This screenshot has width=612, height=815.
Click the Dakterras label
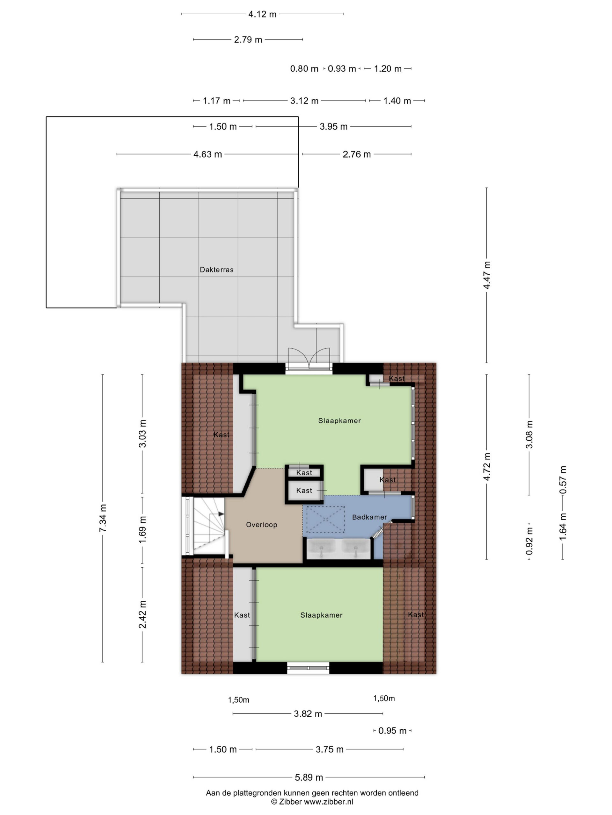tap(216, 270)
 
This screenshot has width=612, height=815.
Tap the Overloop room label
tap(262, 525)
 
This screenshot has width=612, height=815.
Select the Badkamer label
tap(369, 517)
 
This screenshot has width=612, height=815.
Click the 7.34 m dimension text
tap(103, 518)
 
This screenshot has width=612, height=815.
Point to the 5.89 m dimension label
tap(309, 777)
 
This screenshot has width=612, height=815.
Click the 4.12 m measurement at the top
tap(262, 14)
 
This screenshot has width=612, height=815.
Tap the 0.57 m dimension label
tap(563, 480)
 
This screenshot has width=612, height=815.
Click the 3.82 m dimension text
tap(308, 714)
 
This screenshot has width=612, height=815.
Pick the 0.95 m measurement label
tap(392, 731)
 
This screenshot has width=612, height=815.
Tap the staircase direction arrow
tap(221, 514)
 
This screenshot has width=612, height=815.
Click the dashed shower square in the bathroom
tap(325, 519)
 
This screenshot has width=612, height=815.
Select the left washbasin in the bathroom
tap(321, 549)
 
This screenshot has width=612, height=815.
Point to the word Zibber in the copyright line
tap(290, 801)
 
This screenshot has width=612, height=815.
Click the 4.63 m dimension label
tap(208, 154)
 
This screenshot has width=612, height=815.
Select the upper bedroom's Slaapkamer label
tap(339, 421)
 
